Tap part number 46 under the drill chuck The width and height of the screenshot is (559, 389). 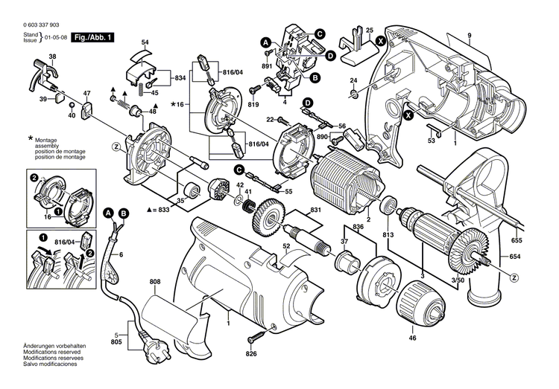point(411,338)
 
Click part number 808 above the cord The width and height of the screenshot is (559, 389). point(154,282)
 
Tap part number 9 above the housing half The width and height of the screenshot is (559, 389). point(470,36)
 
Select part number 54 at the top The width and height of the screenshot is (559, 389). point(145,42)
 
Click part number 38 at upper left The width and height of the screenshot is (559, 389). point(52,57)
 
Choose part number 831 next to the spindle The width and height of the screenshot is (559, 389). point(315,210)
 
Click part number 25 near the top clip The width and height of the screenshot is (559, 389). point(369,30)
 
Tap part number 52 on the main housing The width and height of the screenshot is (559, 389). point(286,246)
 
